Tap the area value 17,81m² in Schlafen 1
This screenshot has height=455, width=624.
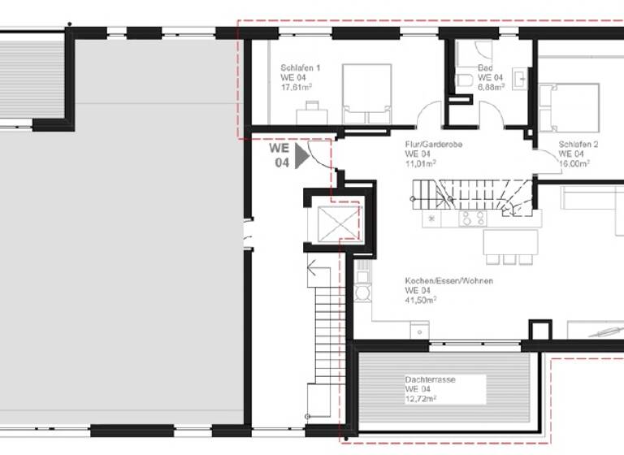coord(297,86)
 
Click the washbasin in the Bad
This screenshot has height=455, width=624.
coord(521,79)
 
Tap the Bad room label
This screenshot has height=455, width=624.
coord(485,68)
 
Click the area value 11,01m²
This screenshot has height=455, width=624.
coord(420,162)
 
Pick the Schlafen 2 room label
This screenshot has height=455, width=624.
coord(578,145)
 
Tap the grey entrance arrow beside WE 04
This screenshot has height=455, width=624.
coord(302,155)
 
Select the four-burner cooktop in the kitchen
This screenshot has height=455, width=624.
coord(472,218)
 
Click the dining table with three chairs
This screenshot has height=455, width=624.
coord(509,245)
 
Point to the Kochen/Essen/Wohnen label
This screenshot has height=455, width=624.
coord(448,281)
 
